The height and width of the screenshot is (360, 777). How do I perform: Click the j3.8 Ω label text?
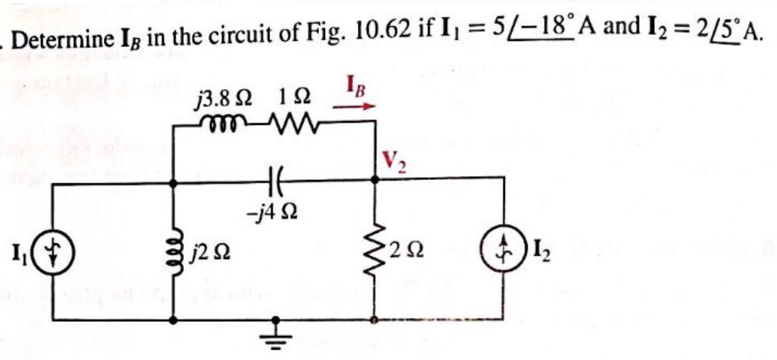(223, 98)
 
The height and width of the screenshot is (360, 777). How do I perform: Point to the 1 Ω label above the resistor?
(289, 98)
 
